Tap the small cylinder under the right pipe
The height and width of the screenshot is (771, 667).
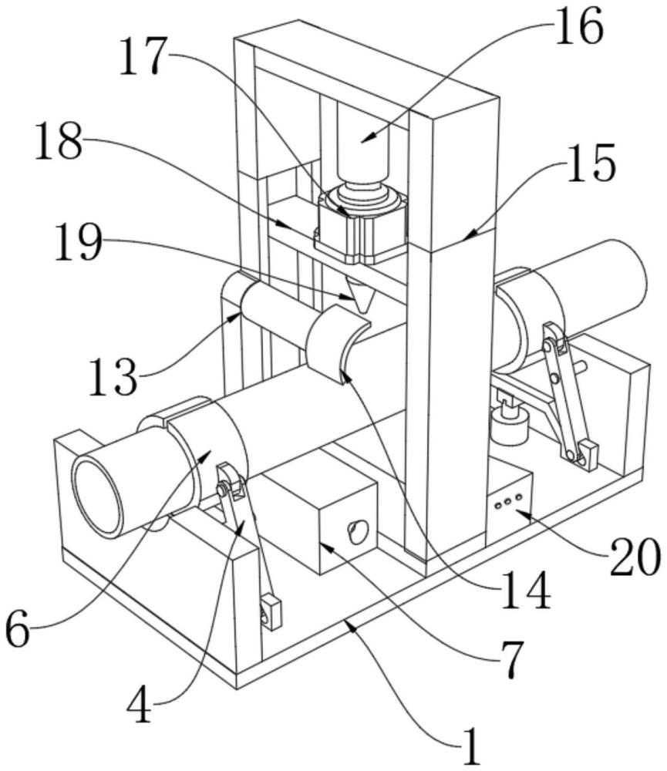pyautogui.click(x=508, y=426)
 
